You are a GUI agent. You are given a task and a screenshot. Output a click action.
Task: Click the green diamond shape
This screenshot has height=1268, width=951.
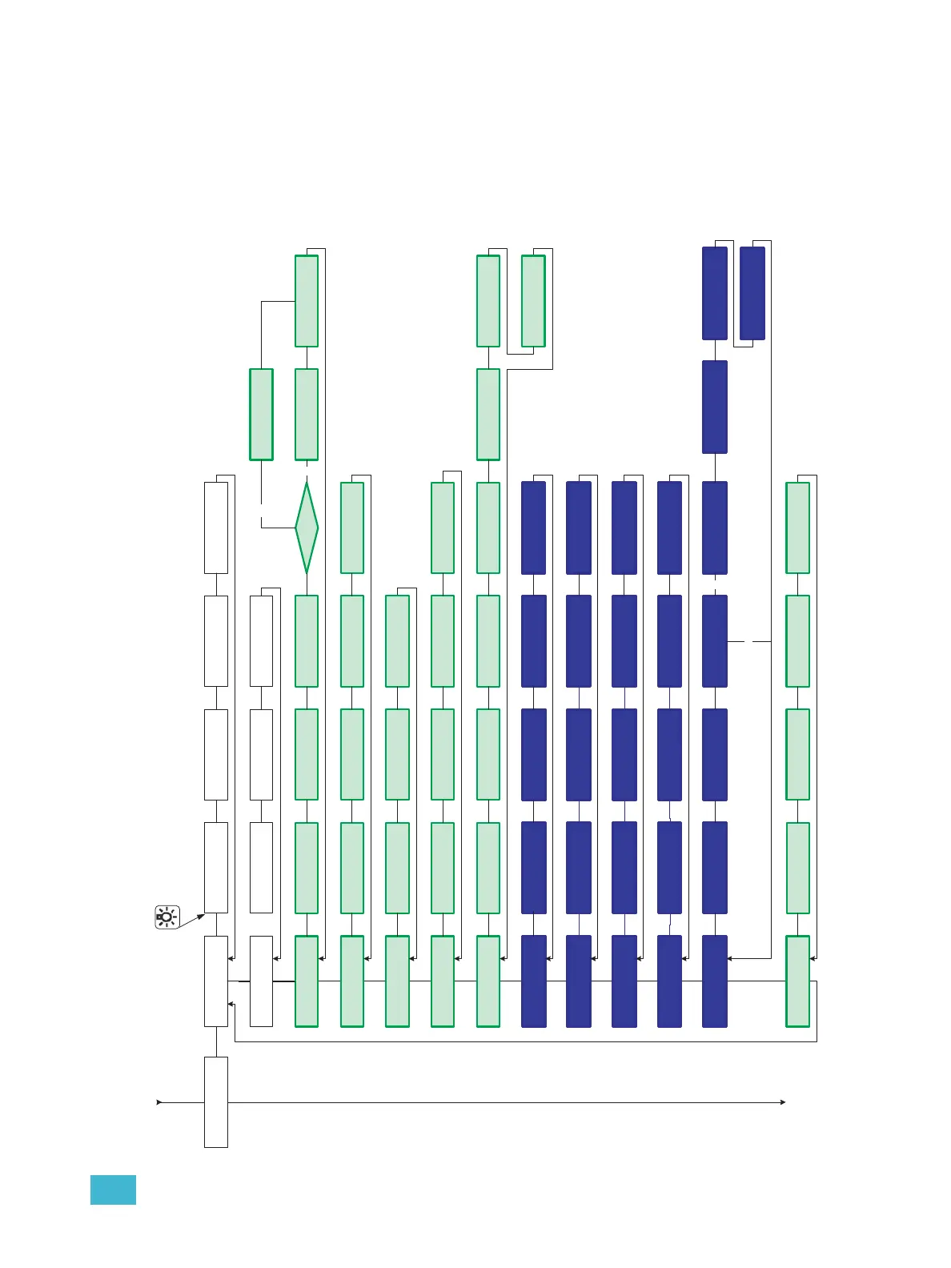tap(307, 528)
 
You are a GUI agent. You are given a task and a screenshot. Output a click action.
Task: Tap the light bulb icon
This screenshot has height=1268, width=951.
tap(167, 917)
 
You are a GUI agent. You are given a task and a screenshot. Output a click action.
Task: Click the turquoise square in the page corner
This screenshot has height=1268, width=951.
tap(113, 1190)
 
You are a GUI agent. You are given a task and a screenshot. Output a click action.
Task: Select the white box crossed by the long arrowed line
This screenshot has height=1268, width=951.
tap(216, 1101)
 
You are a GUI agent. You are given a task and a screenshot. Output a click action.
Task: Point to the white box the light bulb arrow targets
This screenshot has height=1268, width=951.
tap(216, 981)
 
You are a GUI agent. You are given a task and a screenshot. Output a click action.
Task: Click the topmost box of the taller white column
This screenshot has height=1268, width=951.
tap(216, 528)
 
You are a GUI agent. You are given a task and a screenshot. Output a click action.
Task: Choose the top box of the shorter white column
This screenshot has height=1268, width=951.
tap(261, 640)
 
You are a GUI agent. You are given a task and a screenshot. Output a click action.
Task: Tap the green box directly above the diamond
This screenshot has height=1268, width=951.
tap(307, 414)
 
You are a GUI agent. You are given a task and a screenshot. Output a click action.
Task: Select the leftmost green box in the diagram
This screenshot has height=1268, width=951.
tap(261, 414)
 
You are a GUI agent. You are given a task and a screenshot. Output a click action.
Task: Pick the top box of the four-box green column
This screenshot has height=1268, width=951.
tap(397, 640)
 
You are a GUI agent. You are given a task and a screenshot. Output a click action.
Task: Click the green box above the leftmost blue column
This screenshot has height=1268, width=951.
tap(533, 301)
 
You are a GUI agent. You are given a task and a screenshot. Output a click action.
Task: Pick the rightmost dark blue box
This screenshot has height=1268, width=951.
tap(752, 293)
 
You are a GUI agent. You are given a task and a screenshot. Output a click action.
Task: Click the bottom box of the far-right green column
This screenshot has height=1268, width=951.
tap(797, 981)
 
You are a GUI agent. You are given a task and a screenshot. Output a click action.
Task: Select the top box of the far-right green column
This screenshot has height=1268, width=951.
tap(797, 528)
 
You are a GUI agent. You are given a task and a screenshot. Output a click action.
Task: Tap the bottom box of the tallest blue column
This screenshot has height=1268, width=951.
tap(715, 981)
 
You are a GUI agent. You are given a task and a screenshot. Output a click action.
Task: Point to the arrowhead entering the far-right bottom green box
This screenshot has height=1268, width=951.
tap(813, 957)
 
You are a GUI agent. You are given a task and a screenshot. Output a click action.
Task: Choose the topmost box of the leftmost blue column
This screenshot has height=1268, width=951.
tap(533, 528)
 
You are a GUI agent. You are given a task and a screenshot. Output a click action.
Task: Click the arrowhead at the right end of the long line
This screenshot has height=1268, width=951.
tap(782, 1102)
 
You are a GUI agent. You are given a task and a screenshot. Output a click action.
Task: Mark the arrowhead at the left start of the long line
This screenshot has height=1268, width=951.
tap(159, 1102)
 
